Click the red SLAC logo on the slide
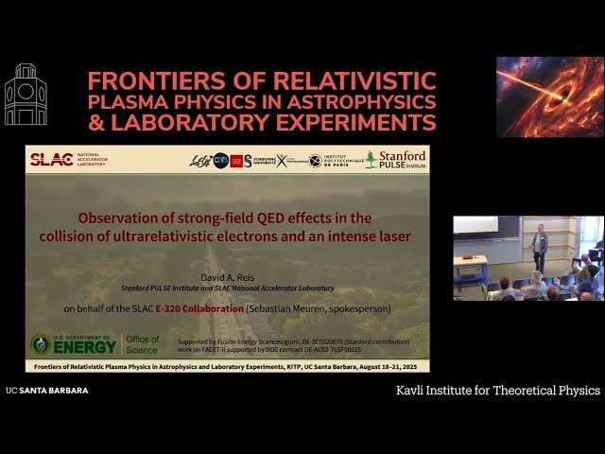(x=52, y=160)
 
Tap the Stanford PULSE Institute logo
(x=396, y=159)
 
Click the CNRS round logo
(x=220, y=160)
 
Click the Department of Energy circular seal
(x=42, y=343)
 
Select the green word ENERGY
(x=85, y=346)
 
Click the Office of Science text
(x=143, y=344)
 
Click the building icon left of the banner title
(x=26, y=95)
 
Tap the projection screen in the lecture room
(x=475, y=225)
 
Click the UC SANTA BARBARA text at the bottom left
(x=47, y=390)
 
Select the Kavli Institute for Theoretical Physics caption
(x=497, y=390)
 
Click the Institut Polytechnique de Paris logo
(x=335, y=161)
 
